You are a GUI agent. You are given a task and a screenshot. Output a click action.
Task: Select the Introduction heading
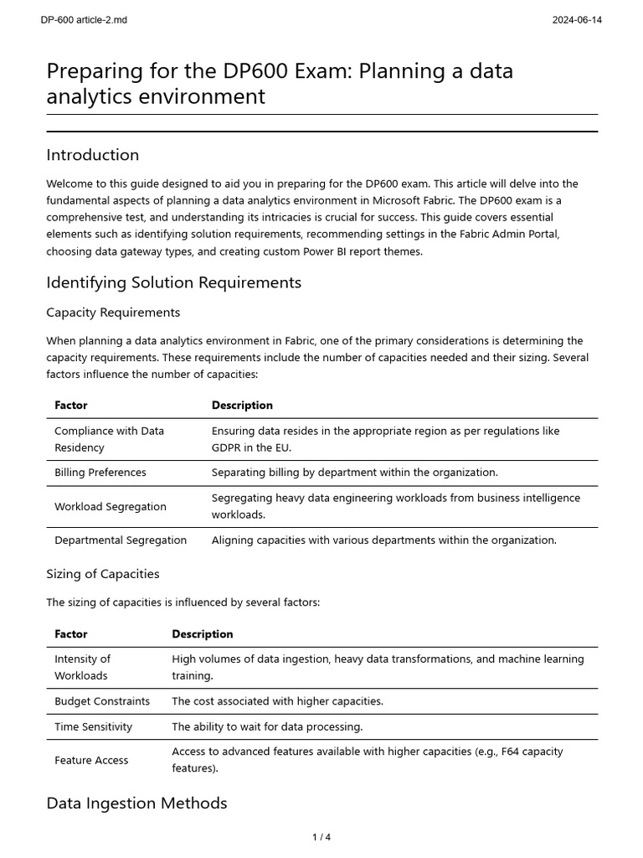[x=93, y=155]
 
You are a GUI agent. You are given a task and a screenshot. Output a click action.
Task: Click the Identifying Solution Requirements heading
[x=173, y=282]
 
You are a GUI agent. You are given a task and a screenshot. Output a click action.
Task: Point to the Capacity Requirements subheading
[x=113, y=313]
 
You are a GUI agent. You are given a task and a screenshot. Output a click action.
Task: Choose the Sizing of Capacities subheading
[x=102, y=574]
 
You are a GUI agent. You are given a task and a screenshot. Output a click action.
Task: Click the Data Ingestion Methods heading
[x=136, y=803]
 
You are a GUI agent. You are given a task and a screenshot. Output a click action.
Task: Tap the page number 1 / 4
[x=321, y=837]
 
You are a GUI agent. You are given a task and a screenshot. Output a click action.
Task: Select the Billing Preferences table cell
[x=100, y=473]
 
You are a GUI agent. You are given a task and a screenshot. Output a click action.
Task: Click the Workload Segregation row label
[x=111, y=506]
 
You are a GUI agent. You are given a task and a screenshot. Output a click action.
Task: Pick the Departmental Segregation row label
[x=121, y=540]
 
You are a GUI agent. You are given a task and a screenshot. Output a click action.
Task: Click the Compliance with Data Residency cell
[x=109, y=439]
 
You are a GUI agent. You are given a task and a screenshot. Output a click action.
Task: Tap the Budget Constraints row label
[x=102, y=701]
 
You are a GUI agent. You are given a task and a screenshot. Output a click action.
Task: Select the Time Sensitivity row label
[x=94, y=726]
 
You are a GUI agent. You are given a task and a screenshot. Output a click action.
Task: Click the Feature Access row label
[x=91, y=760]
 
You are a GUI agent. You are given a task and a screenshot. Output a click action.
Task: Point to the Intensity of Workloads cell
[x=82, y=667]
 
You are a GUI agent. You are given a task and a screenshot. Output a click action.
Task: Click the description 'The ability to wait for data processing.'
[x=267, y=726]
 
